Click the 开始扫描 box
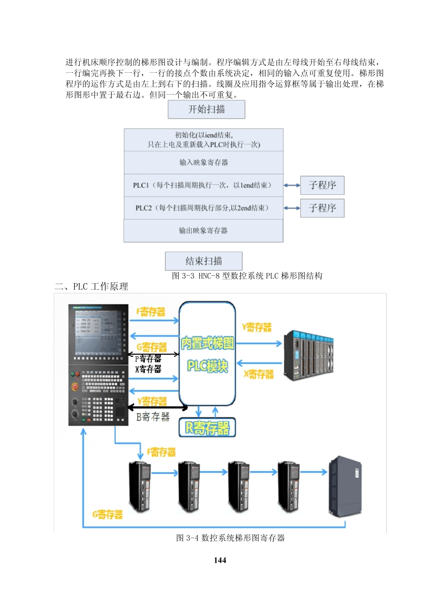206,110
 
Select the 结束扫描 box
203,261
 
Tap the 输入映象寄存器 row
203,162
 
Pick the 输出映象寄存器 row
203,230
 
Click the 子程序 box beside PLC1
322,185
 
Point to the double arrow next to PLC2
292,208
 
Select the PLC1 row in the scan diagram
203,185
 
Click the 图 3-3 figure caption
247,276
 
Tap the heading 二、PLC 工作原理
91,286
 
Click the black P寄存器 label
148,359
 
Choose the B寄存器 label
153,417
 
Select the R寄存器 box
207,427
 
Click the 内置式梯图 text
207,343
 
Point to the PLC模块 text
207,366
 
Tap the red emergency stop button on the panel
75,386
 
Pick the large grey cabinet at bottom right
345,487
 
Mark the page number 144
220,560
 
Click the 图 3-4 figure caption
230,538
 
